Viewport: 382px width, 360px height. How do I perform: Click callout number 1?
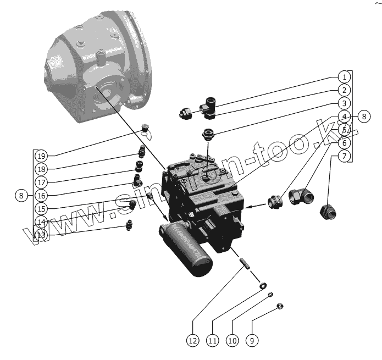point(343,77)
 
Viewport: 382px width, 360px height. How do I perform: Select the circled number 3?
point(343,103)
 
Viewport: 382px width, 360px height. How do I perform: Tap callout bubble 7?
point(343,156)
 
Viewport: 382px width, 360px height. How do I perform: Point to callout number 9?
point(251,341)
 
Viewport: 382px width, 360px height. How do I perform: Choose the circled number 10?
point(232,341)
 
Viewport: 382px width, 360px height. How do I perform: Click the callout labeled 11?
point(212,341)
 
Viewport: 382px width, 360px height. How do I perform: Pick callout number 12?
point(192,341)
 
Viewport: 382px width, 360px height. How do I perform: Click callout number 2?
point(343,90)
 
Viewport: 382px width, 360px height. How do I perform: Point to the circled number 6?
point(343,143)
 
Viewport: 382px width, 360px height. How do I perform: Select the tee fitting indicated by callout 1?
point(209,107)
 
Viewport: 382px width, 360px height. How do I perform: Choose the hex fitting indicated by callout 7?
point(329,212)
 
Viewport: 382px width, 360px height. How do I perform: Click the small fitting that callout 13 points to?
point(130,225)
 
